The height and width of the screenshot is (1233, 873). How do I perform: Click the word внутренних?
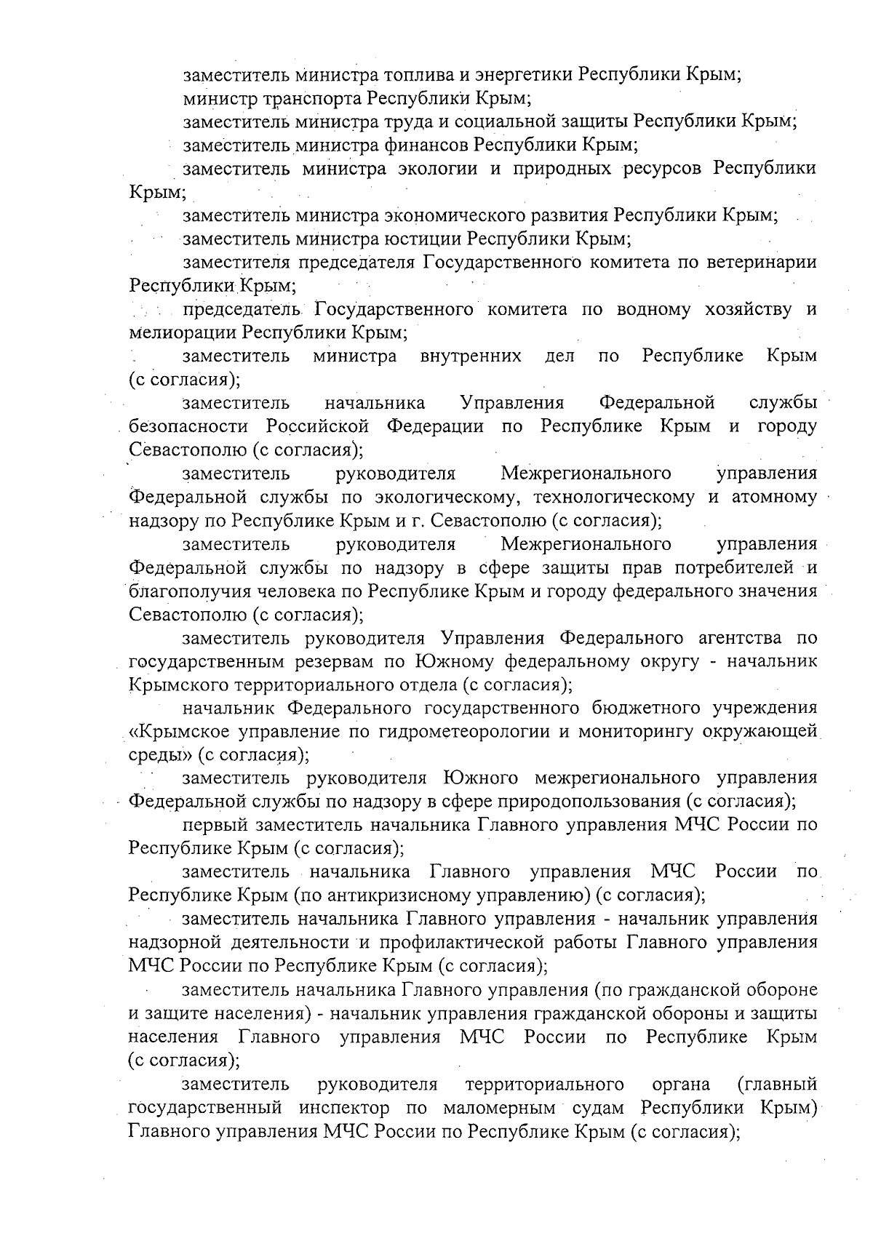[x=470, y=356]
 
